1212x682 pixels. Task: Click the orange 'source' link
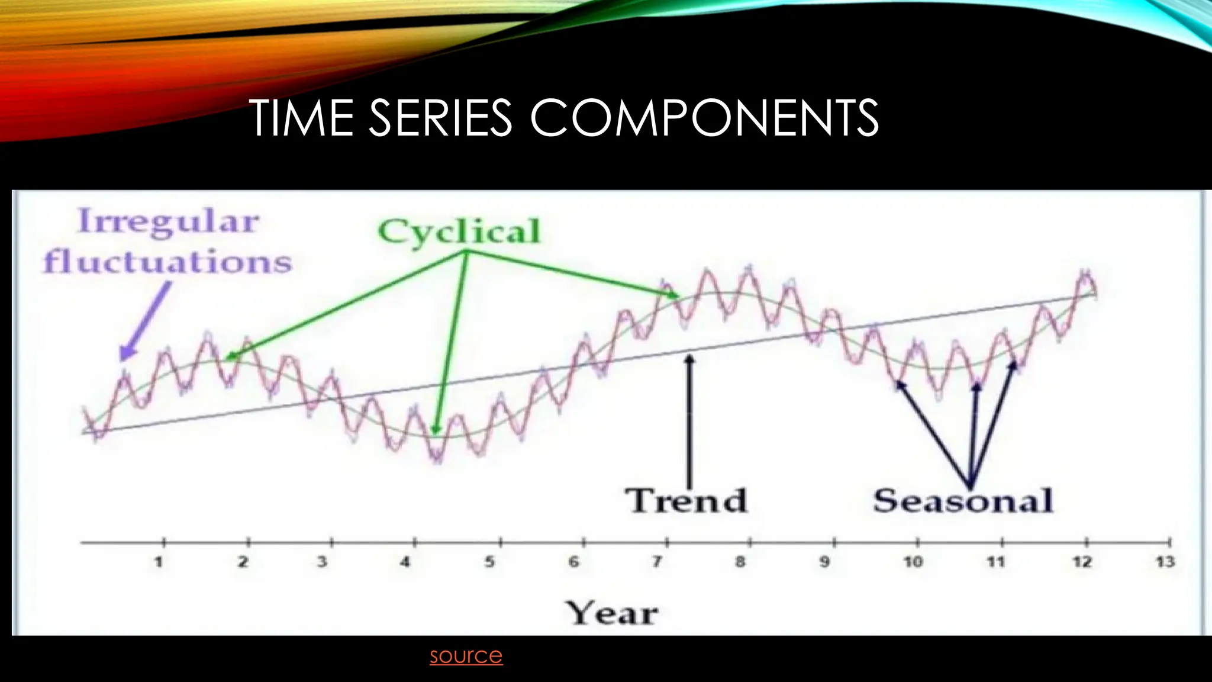pyautogui.click(x=466, y=655)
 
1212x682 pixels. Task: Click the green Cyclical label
pyautogui.click(x=459, y=231)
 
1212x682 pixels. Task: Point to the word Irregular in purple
pyautogui.click(x=169, y=222)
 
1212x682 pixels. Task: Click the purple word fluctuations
pyautogui.click(x=168, y=262)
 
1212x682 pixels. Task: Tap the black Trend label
pyautogui.click(x=686, y=501)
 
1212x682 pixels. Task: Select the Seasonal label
pyautogui.click(x=963, y=501)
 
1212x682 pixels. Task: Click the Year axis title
pyautogui.click(x=611, y=613)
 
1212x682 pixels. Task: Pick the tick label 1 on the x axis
pyautogui.click(x=159, y=562)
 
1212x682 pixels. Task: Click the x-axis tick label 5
pyautogui.click(x=489, y=562)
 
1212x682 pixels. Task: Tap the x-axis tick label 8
pyautogui.click(x=740, y=562)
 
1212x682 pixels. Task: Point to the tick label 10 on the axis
pyautogui.click(x=913, y=562)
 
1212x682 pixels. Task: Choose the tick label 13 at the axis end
pyautogui.click(x=1165, y=562)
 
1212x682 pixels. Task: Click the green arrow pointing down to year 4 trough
pyautogui.click(x=450, y=343)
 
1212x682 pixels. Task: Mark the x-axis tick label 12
pyautogui.click(x=1082, y=562)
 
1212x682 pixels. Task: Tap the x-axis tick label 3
pyautogui.click(x=322, y=562)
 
